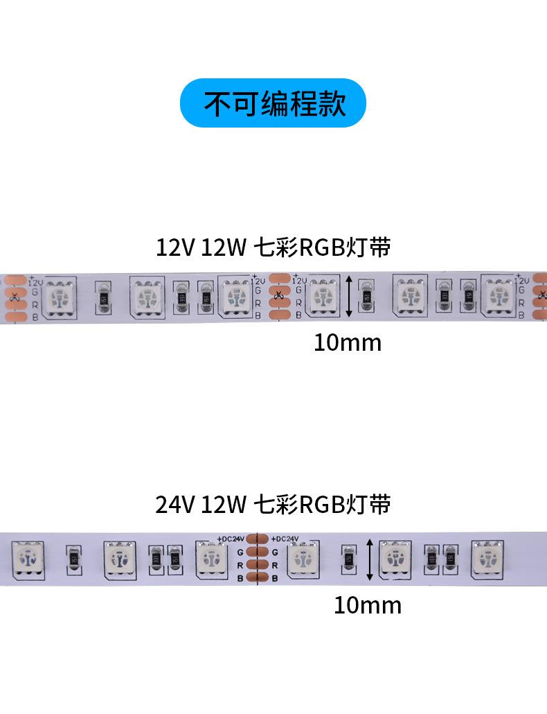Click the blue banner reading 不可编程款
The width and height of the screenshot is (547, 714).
point(273,103)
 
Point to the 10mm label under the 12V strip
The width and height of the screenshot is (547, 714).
point(347,342)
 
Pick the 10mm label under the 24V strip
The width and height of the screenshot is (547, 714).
point(367,605)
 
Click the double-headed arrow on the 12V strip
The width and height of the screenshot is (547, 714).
point(348,297)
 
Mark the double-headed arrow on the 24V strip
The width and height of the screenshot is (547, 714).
point(370,560)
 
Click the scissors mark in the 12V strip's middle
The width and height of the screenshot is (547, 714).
point(278,297)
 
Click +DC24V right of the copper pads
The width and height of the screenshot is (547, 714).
point(285,538)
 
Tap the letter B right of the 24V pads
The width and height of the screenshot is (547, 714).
point(275,578)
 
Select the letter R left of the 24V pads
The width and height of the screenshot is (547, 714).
point(240,565)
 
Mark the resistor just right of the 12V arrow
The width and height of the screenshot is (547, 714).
point(367,296)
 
